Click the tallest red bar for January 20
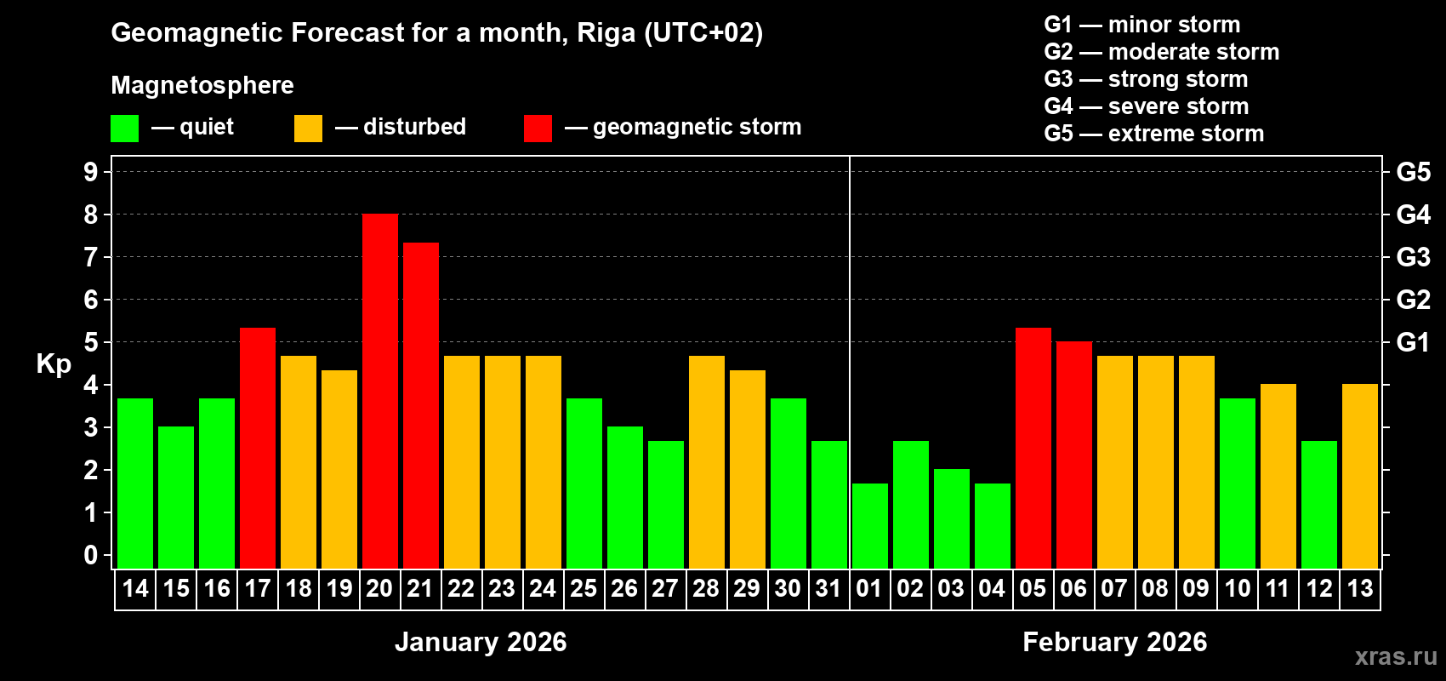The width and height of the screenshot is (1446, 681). coord(379,392)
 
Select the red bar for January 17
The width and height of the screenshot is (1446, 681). coord(257,448)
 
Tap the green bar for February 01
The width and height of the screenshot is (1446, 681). coord(869,526)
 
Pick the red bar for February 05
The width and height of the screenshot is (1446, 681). coord(1033,448)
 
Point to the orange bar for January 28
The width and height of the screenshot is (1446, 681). coord(706,462)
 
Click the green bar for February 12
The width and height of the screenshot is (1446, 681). coord(1318,505)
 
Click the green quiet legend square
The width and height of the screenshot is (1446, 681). coord(124,129)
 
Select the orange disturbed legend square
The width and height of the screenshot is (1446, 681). coord(308,129)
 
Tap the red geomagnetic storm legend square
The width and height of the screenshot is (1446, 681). coord(538,129)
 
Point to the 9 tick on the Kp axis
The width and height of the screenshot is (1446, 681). coord(91,172)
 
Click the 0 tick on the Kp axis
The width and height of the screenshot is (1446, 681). coord(91,556)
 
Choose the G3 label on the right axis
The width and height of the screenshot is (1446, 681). coord(1413,257)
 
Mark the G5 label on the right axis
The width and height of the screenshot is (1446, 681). coord(1413,172)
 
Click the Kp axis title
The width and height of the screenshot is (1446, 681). coord(54,364)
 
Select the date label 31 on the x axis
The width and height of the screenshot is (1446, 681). coord(828,588)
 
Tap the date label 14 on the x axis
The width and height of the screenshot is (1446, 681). coord(135,588)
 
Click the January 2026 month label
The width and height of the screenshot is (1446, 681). coord(481,642)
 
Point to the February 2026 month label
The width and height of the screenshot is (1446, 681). coord(1114,642)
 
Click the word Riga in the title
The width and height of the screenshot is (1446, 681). coord(606,32)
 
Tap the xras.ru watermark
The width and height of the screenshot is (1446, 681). coord(1396,656)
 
